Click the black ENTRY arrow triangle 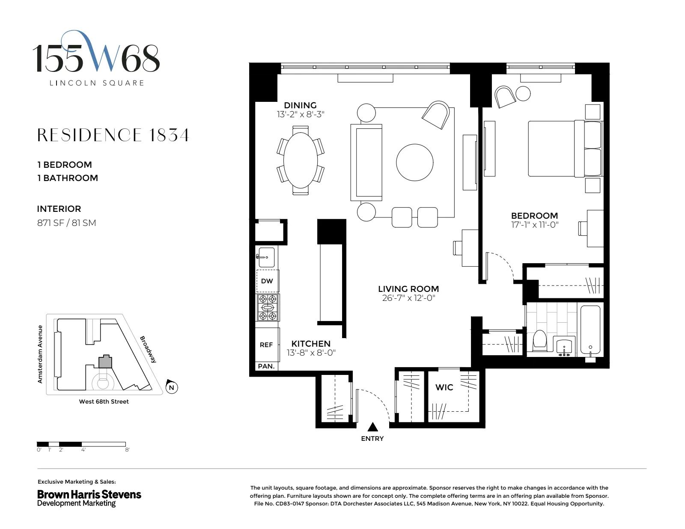click(373, 427)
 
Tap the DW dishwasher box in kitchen click(267, 281)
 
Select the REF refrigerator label click(266, 345)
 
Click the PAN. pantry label click(266, 366)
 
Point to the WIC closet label click(444, 387)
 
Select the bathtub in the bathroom click(590, 331)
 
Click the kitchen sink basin click(267, 257)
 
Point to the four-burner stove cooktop click(268, 307)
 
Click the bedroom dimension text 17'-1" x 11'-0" click(535, 225)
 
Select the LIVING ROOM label click(408, 289)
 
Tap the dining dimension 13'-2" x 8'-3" click(301, 114)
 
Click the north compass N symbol click(171, 387)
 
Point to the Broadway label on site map click(148, 349)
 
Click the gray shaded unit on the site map click(105, 362)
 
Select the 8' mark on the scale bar click(127, 450)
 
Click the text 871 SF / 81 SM click(66, 223)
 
